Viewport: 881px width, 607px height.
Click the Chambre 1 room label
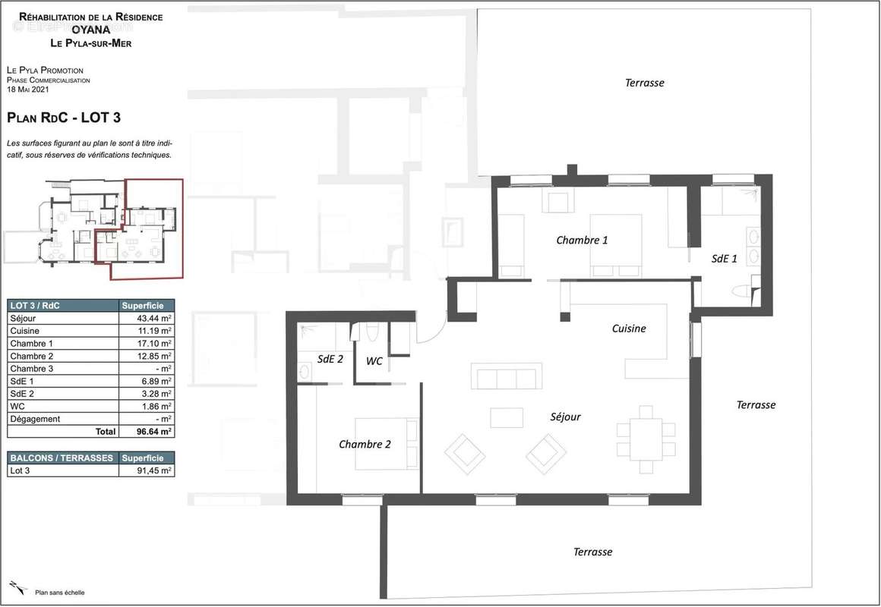pos(582,241)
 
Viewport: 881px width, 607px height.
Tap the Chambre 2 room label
pos(365,444)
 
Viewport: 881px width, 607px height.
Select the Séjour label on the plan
pos(565,417)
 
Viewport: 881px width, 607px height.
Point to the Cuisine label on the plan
pos(629,329)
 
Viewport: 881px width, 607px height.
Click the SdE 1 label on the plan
pos(724,259)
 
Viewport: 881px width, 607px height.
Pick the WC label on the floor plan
pos(374,361)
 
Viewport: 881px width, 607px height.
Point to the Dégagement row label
pos(35,419)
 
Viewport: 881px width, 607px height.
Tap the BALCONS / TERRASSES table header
pos(61,458)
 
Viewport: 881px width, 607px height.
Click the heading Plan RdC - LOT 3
pos(64,118)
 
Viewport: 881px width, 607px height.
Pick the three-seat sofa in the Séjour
pos(507,377)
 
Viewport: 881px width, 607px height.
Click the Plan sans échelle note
pos(59,592)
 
